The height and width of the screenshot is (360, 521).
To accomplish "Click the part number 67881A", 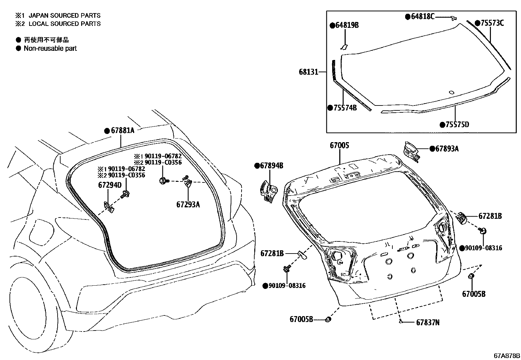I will coord(122,130).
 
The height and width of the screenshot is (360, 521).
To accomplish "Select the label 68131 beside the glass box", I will coord(308,72).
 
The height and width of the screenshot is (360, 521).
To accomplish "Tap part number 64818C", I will coord(422,16).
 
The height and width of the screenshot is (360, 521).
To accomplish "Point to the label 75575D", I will coord(458,124).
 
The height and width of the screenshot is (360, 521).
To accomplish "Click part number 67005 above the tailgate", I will coord(339,145).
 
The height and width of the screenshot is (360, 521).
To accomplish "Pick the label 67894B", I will coord(271,166).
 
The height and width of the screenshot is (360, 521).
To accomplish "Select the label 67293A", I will coord(188,204).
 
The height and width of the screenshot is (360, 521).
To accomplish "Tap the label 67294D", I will coord(110,185).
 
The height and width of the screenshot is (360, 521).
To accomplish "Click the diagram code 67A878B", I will coord(507,356).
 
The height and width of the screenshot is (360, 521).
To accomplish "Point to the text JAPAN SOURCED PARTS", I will coord(64,15).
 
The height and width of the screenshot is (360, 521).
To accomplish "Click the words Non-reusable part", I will coord(50,48).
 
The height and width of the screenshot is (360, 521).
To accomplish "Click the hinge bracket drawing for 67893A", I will coord(411,151).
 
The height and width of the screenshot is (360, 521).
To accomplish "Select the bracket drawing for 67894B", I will coord(268,192).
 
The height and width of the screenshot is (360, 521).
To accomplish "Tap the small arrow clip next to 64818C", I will coord(453,19).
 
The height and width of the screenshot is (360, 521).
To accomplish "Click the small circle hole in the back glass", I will coord(452,92).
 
